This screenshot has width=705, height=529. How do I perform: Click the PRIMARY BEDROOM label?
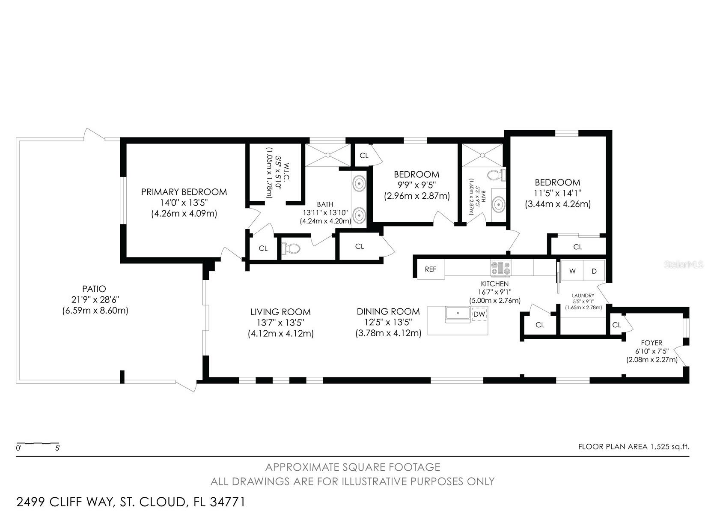coord(184,192)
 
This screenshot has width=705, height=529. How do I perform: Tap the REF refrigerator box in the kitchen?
coord(431,269)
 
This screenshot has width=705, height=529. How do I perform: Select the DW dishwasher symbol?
coord(479,314)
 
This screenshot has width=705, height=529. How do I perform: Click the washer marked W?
coord(572,271)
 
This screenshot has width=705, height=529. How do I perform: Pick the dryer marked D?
coord(594,271)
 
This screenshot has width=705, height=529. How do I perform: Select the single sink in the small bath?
coord(499,205)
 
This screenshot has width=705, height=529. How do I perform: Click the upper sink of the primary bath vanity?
coord(359,183)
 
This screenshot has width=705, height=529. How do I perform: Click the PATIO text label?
coord(94,289)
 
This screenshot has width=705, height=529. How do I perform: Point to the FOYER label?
coord(651,343)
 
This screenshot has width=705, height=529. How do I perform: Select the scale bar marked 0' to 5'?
coord(38,444)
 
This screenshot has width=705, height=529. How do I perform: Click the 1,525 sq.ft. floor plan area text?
coord(670,447)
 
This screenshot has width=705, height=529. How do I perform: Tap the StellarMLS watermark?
coord(684,265)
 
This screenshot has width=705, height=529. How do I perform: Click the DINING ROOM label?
coord(388,312)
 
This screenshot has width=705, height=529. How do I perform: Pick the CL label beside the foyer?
coord(616,325)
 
